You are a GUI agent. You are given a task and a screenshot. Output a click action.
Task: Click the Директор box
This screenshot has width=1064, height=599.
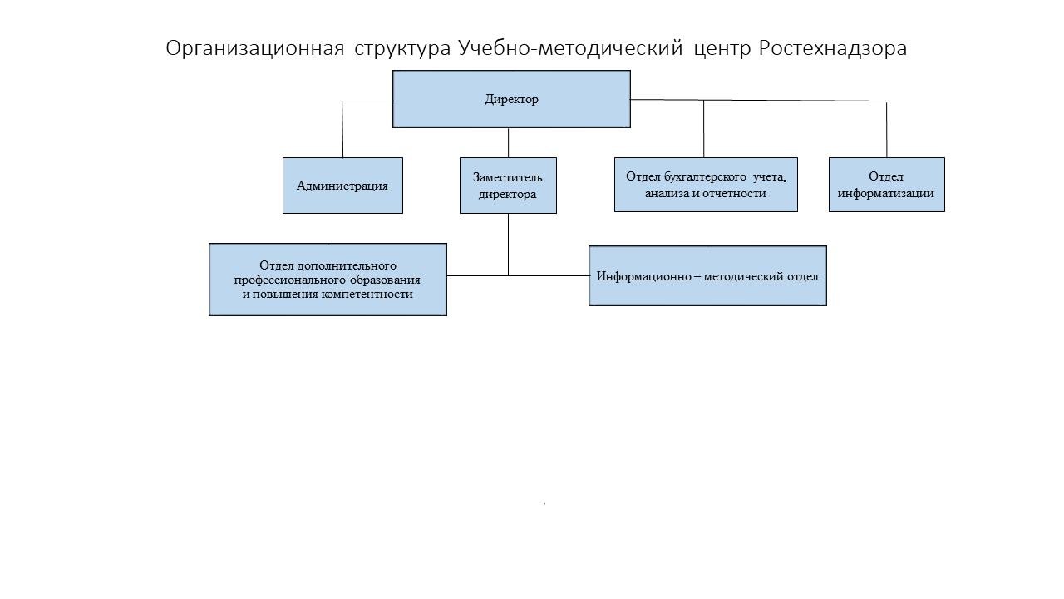click(x=511, y=99)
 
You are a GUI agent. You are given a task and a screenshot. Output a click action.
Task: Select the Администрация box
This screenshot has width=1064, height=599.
click(x=342, y=186)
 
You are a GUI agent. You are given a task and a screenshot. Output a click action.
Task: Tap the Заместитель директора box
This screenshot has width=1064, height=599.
click(x=508, y=186)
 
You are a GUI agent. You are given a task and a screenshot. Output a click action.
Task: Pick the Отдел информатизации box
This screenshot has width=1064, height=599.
click(x=887, y=185)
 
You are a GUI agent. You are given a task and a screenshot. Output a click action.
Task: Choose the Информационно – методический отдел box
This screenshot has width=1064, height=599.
click(x=707, y=275)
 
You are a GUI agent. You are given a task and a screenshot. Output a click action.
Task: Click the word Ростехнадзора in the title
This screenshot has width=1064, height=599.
click(x=833, y=48)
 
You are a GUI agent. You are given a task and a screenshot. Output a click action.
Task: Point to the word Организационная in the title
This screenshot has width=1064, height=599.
click(x=255, y=48)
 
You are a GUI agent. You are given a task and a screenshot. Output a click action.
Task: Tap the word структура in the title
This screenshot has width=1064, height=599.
click(x=402, y=49)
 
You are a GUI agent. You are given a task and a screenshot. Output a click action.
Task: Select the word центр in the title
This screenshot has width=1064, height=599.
click(x=722, y=49)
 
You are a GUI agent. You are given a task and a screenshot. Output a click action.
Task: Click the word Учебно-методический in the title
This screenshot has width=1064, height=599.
click(x=570, y=48)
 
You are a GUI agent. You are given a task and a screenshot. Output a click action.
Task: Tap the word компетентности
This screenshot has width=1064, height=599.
click(x=367, y=295)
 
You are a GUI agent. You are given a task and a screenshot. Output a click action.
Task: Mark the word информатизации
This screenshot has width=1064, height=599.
click(x=886, y=194)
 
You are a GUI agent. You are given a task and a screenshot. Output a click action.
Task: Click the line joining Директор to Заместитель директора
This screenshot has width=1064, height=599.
click(x=508, y=142)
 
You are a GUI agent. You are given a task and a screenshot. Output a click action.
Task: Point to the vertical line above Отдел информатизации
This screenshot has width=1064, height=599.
click(x=886, y=129)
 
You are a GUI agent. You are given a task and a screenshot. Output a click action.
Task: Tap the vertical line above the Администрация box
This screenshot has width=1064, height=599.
click(x=342, y=129)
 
